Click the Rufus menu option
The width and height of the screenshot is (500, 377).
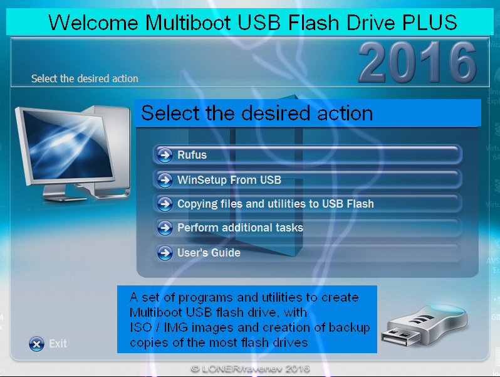coord(308,155)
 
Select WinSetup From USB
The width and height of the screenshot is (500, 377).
coord(308,180)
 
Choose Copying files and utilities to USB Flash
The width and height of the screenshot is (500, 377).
coord(308,204)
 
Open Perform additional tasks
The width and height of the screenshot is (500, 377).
coord(308,228)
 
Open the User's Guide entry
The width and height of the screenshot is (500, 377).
coord(308,253)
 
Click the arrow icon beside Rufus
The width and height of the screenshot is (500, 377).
coord(165,155)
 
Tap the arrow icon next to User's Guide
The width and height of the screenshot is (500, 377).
coord(165,253)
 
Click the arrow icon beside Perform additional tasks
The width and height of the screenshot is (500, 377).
coord(165,228)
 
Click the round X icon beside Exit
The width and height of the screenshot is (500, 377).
coord(37,344)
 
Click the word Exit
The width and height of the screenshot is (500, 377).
coord(58,344)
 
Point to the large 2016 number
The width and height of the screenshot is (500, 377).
coord(418,62)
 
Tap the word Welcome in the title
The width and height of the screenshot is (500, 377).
coord(93,23)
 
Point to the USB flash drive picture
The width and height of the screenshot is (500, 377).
coord(425,326)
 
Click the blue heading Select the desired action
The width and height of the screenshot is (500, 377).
coord(257,113)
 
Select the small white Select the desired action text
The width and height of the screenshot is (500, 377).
coord(85,78)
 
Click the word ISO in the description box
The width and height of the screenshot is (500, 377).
coord(140,327)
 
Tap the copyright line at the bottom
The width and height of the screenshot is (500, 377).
coord(250,369)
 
